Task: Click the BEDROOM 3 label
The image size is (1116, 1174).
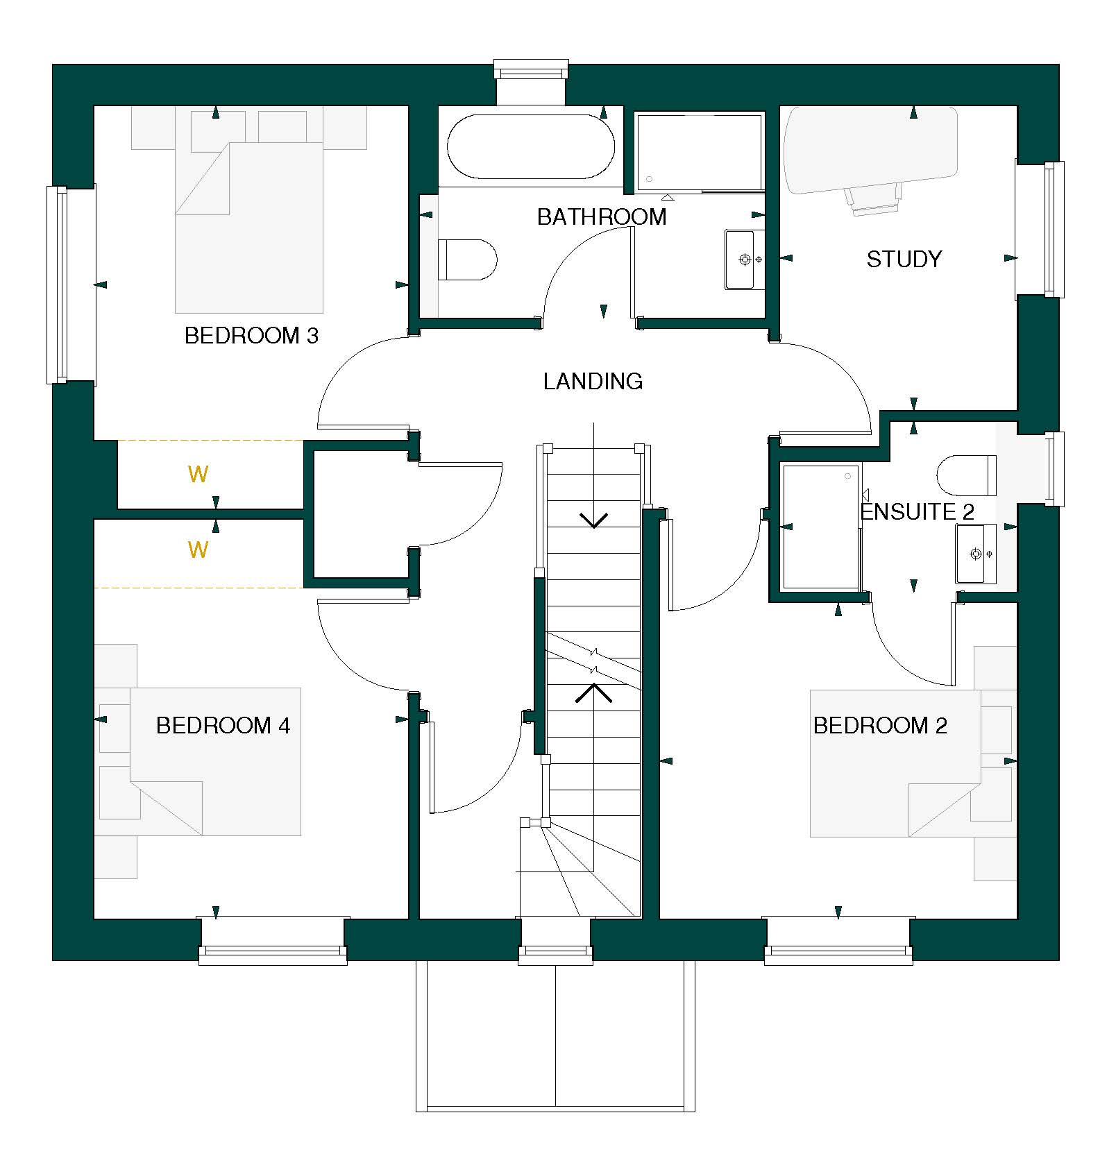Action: pos(251,336)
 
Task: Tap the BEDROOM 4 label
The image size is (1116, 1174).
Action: pos(223,726)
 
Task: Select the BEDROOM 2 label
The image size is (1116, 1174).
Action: pos(880,726)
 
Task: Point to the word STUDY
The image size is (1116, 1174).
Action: pos(904,260)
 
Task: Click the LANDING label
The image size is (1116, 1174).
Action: pos(593,381)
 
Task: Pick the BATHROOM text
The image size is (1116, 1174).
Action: pos(602,217)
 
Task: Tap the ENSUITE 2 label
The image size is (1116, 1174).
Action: pos(918,512)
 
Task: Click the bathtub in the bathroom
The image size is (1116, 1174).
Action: pos(531,147)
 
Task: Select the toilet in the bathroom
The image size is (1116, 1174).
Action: pos(468,260)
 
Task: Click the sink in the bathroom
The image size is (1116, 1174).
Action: pos(744,260)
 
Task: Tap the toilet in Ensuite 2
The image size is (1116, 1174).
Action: pos(966,475)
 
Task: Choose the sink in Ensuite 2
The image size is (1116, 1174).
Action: pos(976,554)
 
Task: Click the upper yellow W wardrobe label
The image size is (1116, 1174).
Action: pos(198,475)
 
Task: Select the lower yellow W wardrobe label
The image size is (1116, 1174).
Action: pos(198,550)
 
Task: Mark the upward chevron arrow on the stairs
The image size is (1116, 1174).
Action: pos(593,692)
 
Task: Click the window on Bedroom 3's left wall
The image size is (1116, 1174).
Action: pos(57,284)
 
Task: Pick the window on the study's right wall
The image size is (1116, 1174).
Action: pos(1054,229)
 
